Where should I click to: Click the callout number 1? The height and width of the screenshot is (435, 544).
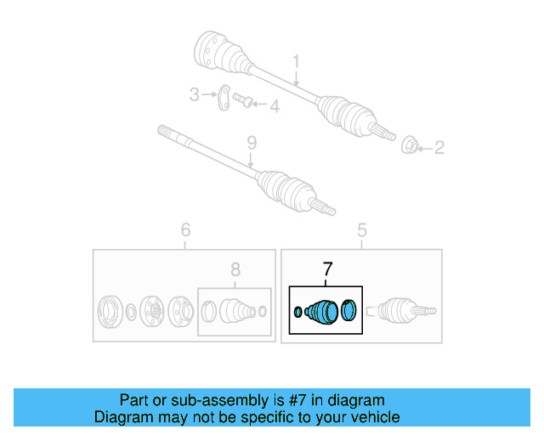pos(297,61)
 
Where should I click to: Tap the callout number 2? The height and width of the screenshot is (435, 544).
pos(439,149)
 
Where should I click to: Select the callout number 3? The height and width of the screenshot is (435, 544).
pos(194,95)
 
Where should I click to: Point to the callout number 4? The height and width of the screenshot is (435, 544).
pos(274,106)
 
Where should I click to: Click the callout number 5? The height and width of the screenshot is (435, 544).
pos(361,229)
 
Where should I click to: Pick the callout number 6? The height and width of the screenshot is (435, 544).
pos(185,229)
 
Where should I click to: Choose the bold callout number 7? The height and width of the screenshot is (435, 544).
pos(327,270)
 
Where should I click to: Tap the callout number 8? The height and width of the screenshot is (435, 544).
pos(235,270)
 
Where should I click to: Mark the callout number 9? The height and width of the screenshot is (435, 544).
pos(251,141)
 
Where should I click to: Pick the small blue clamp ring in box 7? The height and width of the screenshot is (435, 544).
pos(297,313)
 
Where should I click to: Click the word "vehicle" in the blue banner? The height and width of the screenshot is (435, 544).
pos(371,417)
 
